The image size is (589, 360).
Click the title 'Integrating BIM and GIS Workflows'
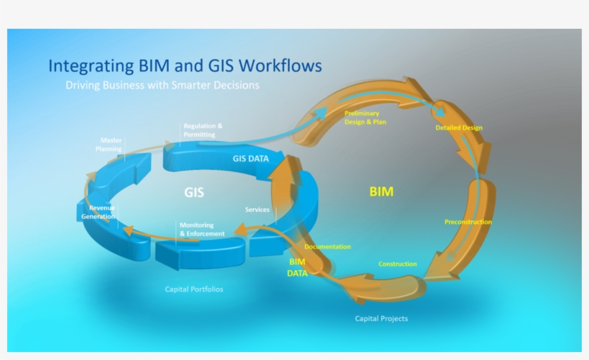click(x=185, y=66)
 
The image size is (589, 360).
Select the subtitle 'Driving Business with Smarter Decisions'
click(x=162, y=85)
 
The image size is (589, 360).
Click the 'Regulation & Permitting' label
click(x=203, y=130)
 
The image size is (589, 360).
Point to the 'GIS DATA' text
click(x=251, y=159)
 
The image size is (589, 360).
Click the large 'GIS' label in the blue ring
click(x=193, y=193)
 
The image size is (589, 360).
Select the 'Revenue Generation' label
click(x=98, y=212)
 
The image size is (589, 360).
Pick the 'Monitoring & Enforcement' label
click(x=202, y=229)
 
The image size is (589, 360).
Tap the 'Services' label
click(x=257, y=210)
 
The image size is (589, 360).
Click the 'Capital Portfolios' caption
click(x=194, y=290)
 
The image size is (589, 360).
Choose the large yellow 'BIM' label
click(x=381, y=192)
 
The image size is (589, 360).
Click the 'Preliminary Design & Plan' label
click(x=365, y=118)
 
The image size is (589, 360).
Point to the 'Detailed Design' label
click(x=458, y=128)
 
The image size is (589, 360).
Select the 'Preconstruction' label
click(x=468, y=222)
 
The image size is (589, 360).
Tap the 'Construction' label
click(x=397, y=264)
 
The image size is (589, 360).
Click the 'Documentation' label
click(x=328, y=246)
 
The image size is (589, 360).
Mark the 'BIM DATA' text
click(x=297, y=267)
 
